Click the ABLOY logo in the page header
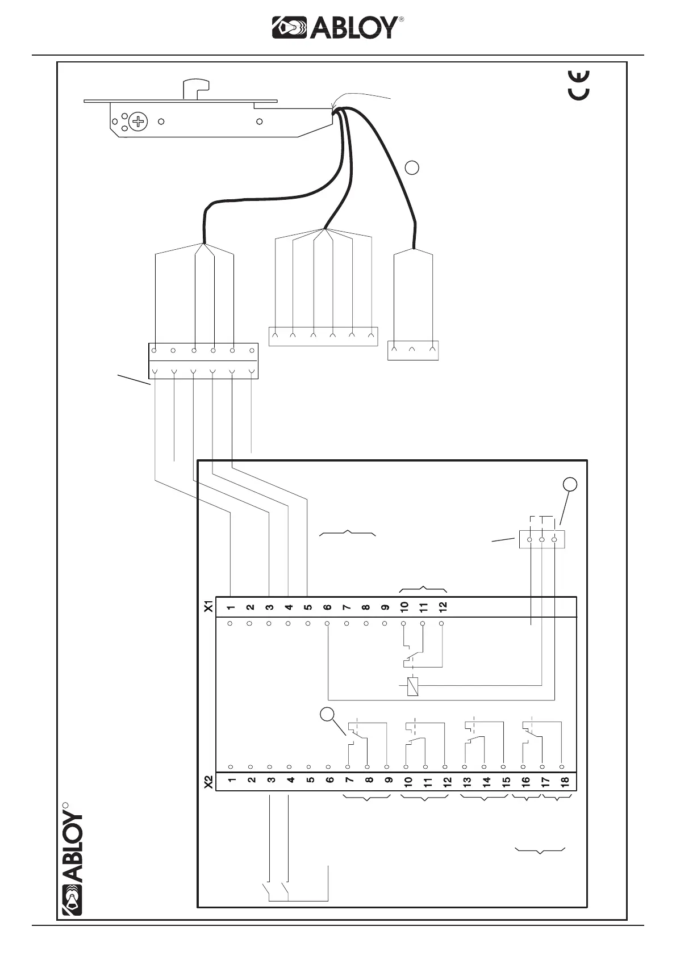click(x=338, y=27)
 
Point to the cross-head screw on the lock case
click(x=137, y=121)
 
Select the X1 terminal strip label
click(x=208, y=606)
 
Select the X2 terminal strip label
click(x=208, y=782)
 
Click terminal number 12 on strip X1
click(x=443, y=606)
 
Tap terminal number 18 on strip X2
click(x=565, y=781)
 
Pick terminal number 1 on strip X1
click(x=231, y=607)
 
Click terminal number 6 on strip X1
click(x=328, y=607)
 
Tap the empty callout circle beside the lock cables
click(x=413, y=167)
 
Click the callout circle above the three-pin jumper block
click(x=570, y=484)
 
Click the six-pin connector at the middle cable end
click(x=323, y=336)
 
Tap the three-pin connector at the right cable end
click(x=413, y=350)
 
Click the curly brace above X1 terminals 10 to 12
click(x=423, y=588)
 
